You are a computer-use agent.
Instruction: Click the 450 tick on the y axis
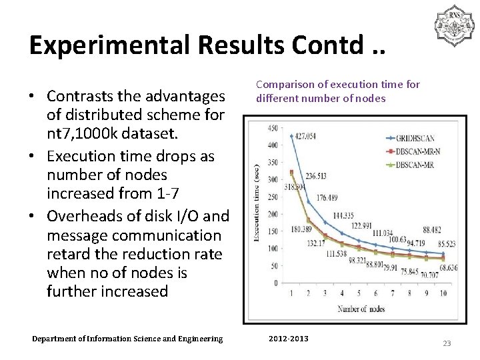273,128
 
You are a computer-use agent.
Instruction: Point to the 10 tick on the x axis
443,293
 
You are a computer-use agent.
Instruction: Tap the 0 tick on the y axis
275,283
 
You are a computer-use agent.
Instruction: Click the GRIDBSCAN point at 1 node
291,136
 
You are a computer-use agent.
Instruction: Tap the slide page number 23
447,343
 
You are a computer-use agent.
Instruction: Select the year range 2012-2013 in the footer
289,339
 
